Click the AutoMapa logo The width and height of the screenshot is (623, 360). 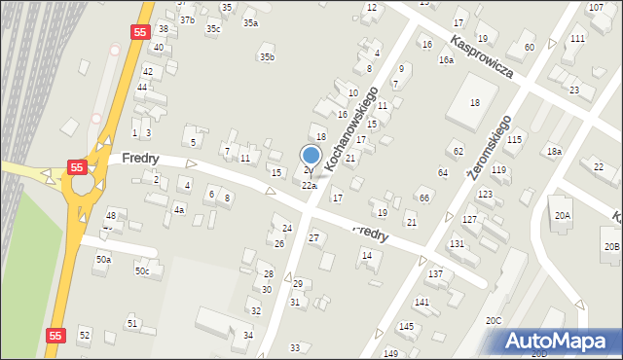coord(559,341)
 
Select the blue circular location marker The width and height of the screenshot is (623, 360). coord(311,156)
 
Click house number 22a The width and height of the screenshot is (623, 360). coord(309,185)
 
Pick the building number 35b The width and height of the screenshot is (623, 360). coord(266,57)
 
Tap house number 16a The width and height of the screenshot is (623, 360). coord(446,60)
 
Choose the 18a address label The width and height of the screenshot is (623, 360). coord(554,151)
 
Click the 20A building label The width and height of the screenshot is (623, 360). coord(563,215)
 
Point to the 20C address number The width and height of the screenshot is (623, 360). coord(494,320)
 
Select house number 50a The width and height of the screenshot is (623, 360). coord(103,260)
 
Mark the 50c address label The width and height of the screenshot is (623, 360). coord(142,270)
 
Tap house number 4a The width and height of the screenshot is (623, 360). coord(178,209)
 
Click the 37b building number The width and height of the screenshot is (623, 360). coord(187,20)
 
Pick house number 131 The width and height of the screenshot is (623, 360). coord(456,243)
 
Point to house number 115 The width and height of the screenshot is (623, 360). coord(514,140)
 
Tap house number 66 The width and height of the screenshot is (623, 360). coord(424,198)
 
